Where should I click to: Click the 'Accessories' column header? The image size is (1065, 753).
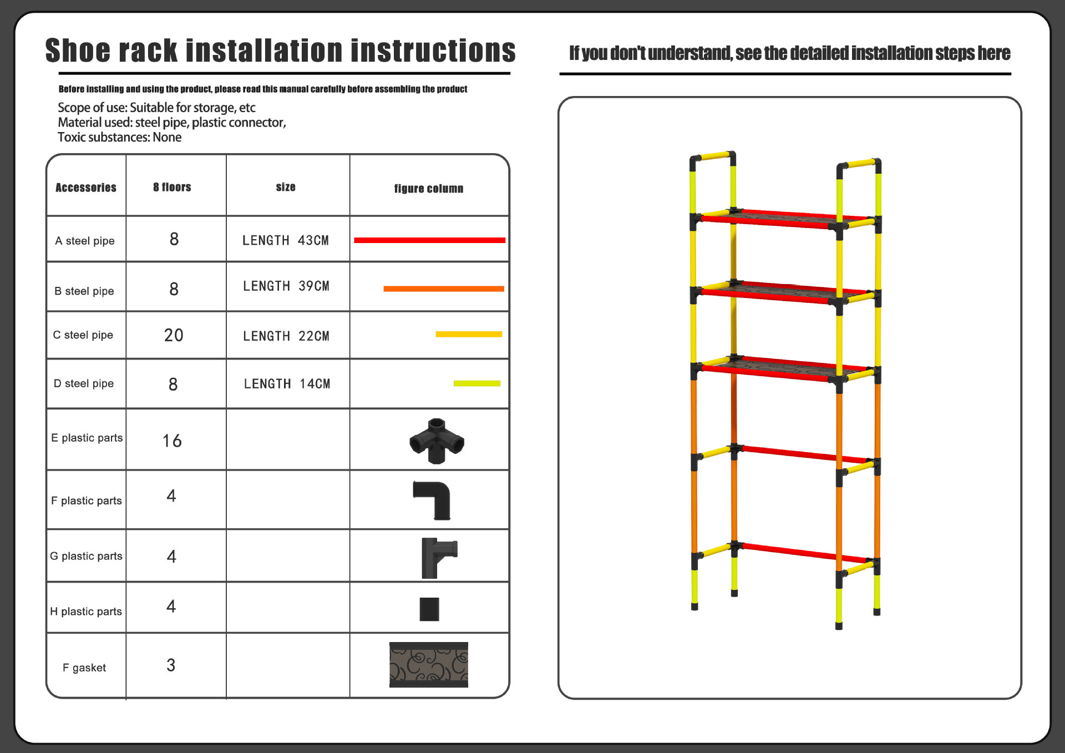pos(86,188)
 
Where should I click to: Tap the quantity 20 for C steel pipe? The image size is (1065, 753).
pos(174,335)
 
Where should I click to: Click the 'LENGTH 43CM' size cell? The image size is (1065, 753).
pos(286,240)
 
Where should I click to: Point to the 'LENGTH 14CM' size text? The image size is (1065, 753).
pos(287,384)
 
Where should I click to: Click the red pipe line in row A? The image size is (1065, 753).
pos(430,240)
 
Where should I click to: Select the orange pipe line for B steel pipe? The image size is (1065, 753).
pos(444,289)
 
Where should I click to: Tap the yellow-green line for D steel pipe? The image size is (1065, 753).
pos(477,383)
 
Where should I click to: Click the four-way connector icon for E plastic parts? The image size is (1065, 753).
pos(437,441)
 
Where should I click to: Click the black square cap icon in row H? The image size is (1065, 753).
pos(429,609)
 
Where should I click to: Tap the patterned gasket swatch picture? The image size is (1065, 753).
pos(429,665)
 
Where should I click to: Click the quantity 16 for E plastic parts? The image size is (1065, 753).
pos(172,441)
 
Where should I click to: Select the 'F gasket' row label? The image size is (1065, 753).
pos(84,668)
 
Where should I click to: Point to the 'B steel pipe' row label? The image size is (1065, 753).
pos(84,291)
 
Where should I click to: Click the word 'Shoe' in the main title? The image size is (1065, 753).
pos(78,50)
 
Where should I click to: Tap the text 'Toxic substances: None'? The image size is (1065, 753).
pos(120,137)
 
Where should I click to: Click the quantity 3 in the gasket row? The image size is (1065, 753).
pos(171,665)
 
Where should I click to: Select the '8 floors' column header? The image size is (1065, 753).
pos(172,187)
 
